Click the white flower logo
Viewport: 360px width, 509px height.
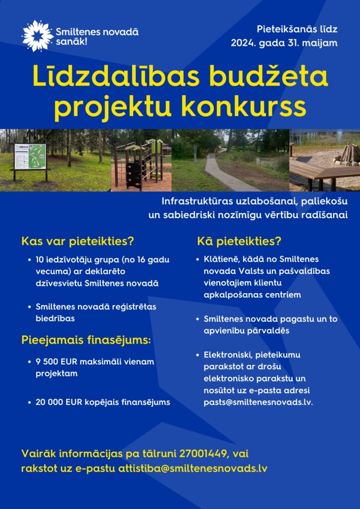pyautogui.click(x=37, y=36)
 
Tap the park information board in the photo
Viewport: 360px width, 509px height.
pyautogui.click(x=30, y=158)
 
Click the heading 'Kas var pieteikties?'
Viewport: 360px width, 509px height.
pyautogui.click(x=78, y=242)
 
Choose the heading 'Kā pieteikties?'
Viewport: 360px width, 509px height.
pyautogui.click(x=239, y=242)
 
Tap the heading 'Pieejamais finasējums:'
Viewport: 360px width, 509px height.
pyautogui.click(x=86, y=340)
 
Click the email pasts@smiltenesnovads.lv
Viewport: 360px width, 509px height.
pyautogui.click(x=258, y=402)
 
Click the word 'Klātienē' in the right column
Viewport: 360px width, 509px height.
pyautogui.click(x=221, y=259)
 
